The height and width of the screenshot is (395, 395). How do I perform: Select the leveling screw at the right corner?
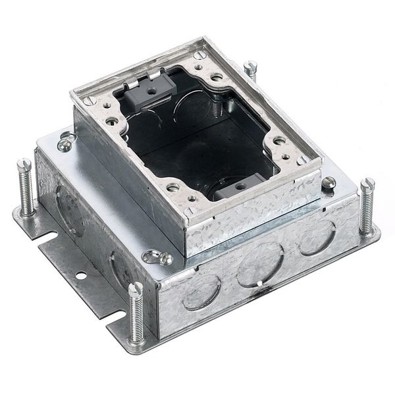(366, 205)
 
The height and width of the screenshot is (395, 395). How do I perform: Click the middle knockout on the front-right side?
(260, 263)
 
